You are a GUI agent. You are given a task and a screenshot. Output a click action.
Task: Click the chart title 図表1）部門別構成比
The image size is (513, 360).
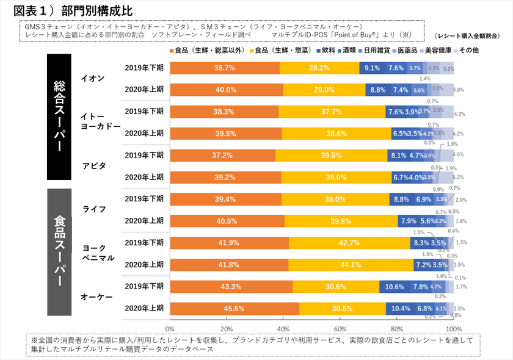[x=73, y=10]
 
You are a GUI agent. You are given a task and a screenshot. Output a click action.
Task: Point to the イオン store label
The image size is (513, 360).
[x=93, y=78]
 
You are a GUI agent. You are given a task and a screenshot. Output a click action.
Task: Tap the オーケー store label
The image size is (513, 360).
[x=93, y=297]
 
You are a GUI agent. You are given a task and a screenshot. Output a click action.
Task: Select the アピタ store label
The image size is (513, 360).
[x=93, y=165]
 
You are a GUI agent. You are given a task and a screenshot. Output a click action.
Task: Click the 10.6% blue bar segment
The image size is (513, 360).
[x=395, y=286]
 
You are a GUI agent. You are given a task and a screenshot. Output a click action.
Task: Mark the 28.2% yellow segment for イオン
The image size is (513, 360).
[x=319, y=68]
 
